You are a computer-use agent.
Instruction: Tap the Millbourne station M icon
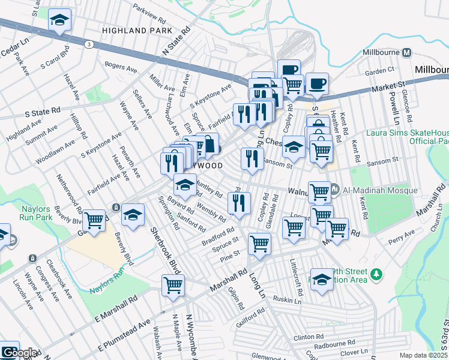coord(406,52)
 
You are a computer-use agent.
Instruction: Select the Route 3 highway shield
coord(89,44)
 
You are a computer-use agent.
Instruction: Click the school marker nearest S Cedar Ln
coord(59,20)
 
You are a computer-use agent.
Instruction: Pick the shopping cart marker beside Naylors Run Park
coord(94,221)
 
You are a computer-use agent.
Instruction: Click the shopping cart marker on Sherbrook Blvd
coord(173,286)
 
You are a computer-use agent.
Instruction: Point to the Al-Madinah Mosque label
coord(379,190)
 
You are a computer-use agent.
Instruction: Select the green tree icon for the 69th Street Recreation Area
coord(376,274)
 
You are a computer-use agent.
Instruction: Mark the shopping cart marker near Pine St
coord(259,244)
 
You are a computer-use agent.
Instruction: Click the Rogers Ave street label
coord(121,65)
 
